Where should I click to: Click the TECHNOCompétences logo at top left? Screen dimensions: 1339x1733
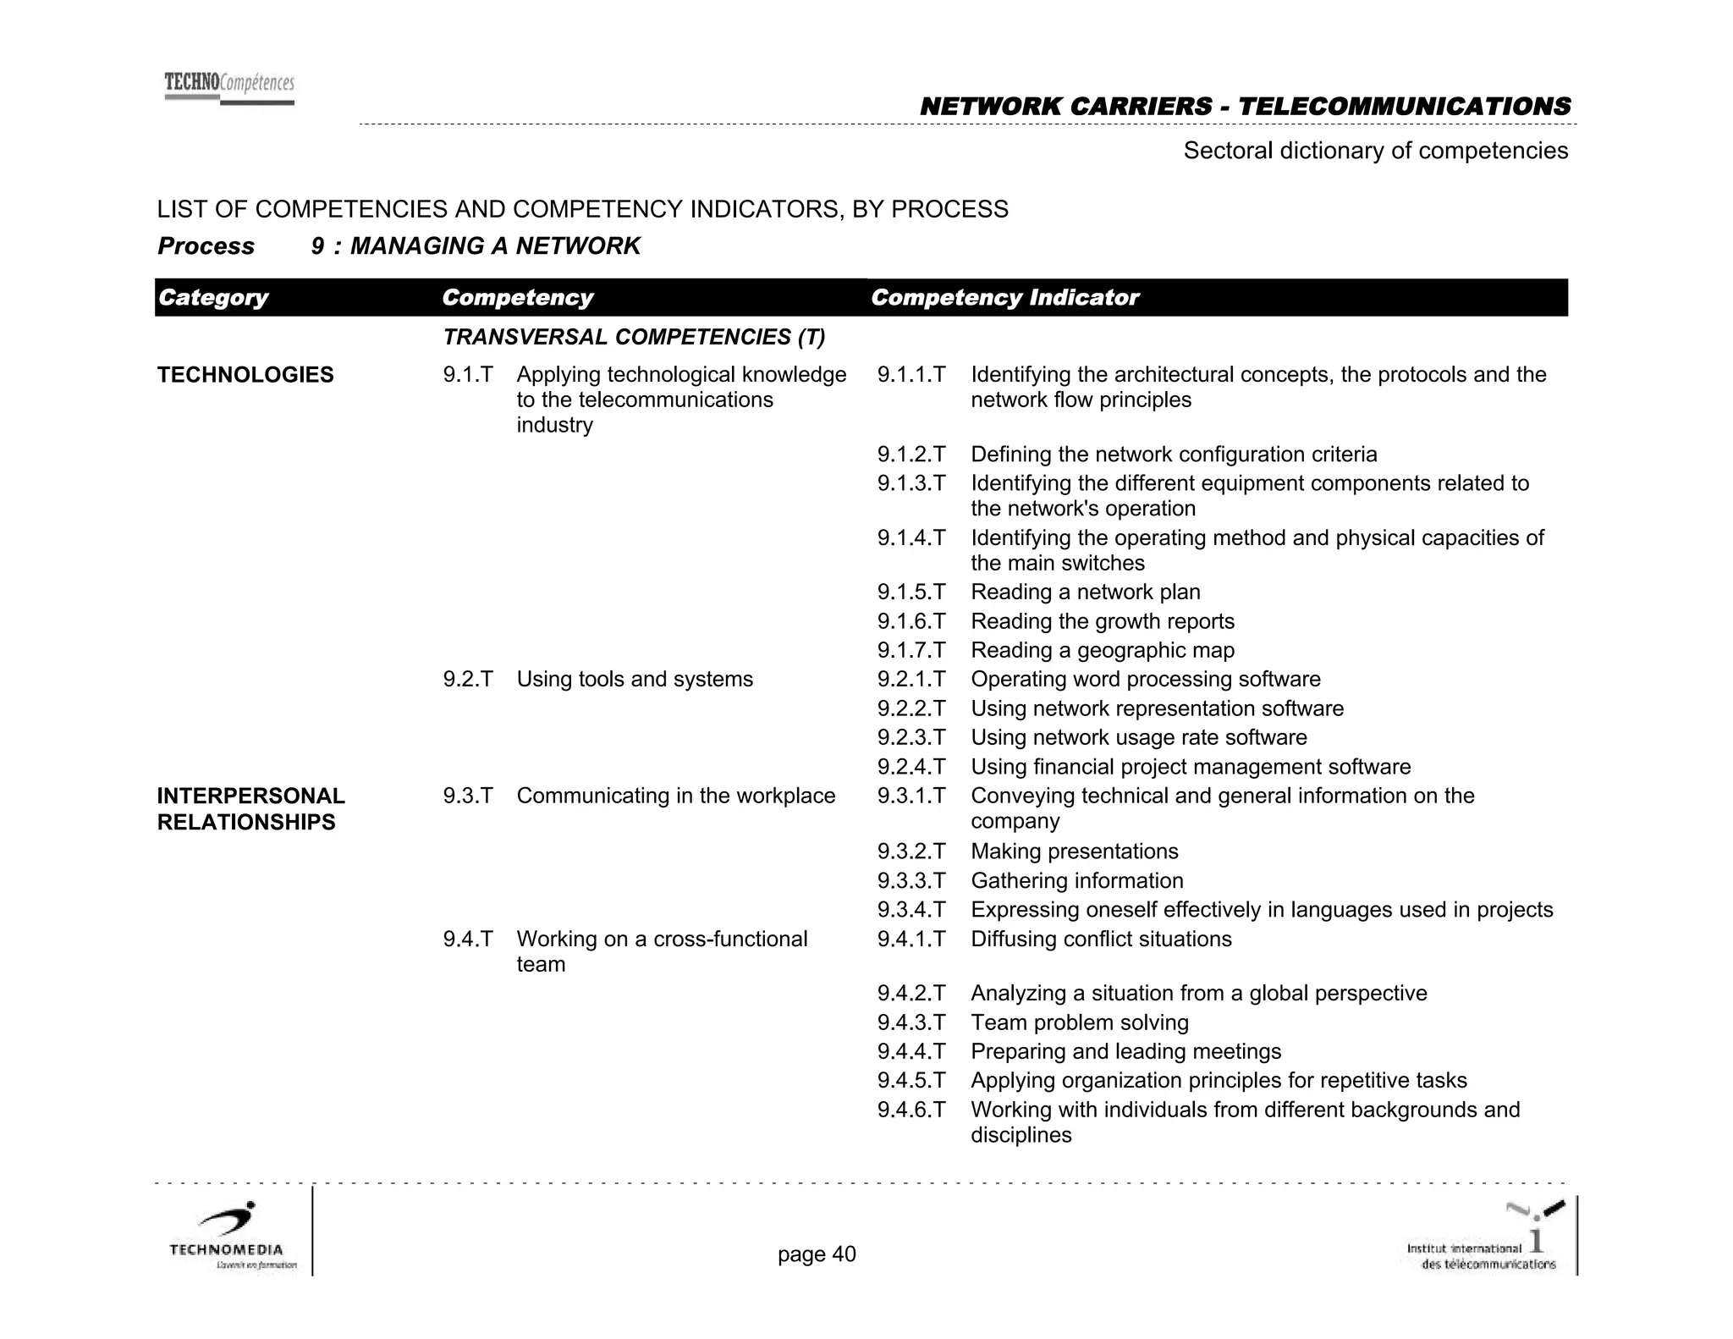coord(229,88)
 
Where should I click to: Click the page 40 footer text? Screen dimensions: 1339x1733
coord(817,1254)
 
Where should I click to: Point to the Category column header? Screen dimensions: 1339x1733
coord(213,298)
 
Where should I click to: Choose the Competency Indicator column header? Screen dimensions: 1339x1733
coord(1004,298)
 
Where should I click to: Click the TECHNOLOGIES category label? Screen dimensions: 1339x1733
coord(245,375)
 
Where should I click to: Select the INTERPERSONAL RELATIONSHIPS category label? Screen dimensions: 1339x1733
coord(250,808)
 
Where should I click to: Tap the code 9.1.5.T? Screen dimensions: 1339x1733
coord(911,592)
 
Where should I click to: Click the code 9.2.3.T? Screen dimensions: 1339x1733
coord(911,738)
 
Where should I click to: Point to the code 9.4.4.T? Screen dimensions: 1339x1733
coord(911,1052)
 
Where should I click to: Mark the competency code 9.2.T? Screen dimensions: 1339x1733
coord(468,680)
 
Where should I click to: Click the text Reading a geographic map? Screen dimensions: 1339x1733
coord(1103,651)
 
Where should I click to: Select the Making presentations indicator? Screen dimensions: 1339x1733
coord(1075,851)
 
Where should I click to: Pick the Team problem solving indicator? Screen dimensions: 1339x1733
coord(1080,1023)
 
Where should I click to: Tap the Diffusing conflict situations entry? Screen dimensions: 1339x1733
coord(1101,940)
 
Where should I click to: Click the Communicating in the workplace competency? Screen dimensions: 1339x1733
coord(675,796)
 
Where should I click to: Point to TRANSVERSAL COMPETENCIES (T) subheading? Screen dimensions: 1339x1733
coord(634,338)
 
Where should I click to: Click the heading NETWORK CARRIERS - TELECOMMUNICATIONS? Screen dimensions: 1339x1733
coord(1245,107)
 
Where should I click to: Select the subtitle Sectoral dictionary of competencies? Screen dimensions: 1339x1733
coord(1375,151)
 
